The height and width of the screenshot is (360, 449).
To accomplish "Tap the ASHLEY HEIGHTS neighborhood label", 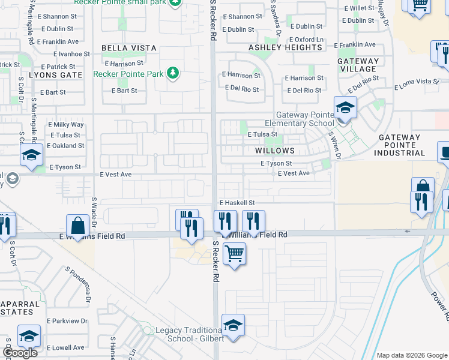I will pos(285,47).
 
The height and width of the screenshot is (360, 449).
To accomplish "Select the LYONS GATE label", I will pos(55,76).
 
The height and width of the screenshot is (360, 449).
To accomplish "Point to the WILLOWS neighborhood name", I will pos(275,151).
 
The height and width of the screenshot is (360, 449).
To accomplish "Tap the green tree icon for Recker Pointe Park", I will pos(173,73).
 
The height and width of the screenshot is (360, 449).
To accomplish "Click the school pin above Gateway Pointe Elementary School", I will pos(345,109).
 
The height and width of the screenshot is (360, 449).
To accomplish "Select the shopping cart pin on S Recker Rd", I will pos(235,254).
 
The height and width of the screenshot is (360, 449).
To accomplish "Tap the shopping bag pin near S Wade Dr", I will pos(78,227).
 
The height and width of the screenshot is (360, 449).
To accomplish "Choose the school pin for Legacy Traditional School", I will pos(233,326).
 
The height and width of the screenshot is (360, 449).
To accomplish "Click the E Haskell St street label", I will pos(237,203).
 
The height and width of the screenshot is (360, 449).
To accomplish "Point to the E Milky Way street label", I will pos(66,125).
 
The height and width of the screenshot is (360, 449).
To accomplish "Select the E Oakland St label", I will pos(65,146).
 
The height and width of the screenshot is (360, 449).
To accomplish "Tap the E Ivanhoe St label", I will pos(68,54).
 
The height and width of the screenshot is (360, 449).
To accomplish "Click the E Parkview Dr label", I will pos(67,321).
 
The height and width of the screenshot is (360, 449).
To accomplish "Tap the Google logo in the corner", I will pos(20,353).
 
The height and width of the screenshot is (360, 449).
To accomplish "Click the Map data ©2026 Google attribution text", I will pos(411,355).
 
